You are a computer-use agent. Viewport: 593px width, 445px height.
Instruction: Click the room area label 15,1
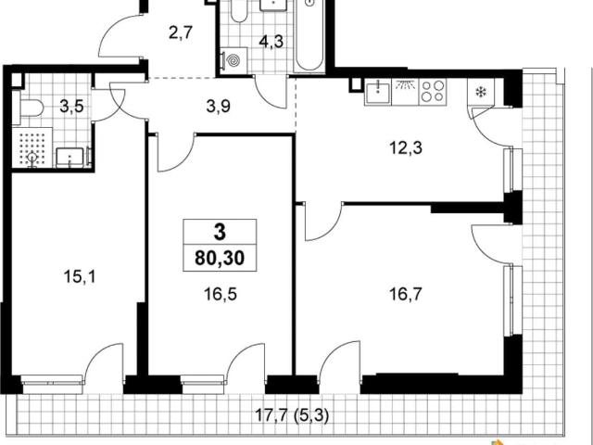tap(80, 277)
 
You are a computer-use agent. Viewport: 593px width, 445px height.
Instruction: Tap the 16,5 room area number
tap(221, 294)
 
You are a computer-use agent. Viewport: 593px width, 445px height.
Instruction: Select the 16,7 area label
tap(406, 294)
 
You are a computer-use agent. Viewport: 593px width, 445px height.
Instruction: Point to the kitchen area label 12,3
tap(406, 148)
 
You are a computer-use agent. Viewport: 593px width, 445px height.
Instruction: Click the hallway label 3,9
tap(219, 107)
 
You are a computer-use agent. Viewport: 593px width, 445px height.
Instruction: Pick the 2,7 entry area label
tap(181, 33)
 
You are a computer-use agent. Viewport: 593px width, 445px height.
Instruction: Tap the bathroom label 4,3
tap(271, 41)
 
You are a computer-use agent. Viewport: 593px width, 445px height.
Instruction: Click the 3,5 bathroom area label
tap(71, 107)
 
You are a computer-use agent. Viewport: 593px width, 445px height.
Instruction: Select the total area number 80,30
tap(220, 258)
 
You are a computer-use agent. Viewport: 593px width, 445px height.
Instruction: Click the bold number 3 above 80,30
tap(220, 232)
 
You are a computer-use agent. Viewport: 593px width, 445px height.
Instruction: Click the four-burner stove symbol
tap(433, 92)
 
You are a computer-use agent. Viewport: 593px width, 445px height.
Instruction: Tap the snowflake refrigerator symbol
tap(481, 92)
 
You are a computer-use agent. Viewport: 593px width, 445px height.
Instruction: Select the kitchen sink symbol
tap(378, 92)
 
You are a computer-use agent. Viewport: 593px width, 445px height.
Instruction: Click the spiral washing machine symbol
tap(233, 60)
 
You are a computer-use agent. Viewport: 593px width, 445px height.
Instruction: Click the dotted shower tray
tap(32, 147)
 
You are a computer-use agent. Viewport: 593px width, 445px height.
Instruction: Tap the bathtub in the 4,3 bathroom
tap(309, 36)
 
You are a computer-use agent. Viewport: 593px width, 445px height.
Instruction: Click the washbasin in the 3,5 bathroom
tap(70, 158)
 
